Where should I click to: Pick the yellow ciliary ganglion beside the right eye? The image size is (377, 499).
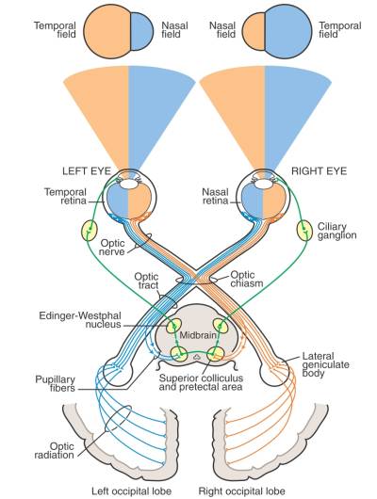tap(304, 229)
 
